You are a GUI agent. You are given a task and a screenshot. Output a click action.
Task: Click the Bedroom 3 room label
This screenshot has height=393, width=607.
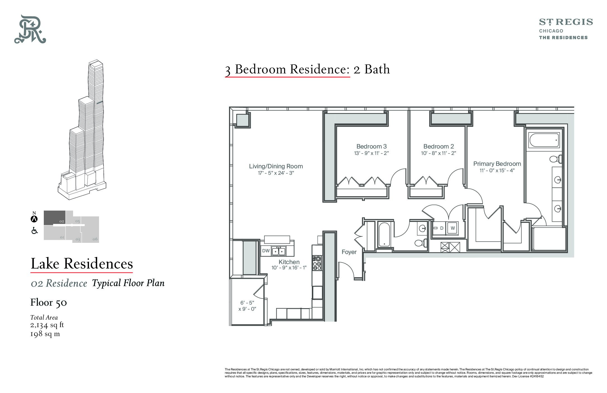pyautogui.click(x=371, y=146)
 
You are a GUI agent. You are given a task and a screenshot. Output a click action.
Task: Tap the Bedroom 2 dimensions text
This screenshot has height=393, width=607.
pyautogui.click(x=439, y=153)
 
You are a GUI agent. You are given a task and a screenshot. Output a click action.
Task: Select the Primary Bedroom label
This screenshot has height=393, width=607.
pyautogui.click(x=497, y=164)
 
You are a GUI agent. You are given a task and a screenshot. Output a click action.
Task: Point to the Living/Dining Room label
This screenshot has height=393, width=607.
pyautogui.click(x=276, y=166)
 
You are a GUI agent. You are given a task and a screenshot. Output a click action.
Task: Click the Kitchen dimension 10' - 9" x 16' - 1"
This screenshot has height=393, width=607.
pyautogui.click(x=289, y=268)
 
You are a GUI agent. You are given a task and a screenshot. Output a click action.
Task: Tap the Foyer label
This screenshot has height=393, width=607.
pyautogui.click(x=349, y=252)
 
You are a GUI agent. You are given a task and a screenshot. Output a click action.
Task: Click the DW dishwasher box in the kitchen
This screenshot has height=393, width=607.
pyautogui.click(x=266, y=251)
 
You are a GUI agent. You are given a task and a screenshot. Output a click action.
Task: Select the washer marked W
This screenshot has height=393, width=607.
pyautogui.click(x=452, y=228)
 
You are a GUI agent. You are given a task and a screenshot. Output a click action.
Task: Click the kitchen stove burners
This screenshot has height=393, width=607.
pyautogui.click(x=317, y=263)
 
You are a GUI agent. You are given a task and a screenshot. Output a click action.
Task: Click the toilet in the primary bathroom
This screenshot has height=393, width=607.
pyautogui.click(x=556, y=159)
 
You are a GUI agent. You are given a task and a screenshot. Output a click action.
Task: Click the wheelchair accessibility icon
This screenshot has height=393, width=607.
pyautogui.click(x=35, y=231)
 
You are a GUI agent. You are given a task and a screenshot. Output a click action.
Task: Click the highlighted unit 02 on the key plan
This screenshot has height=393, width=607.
pyautogui.click(x=55, y=218)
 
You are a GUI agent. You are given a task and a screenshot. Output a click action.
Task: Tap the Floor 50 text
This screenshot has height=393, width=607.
pyautogui.click(x=49, y=303)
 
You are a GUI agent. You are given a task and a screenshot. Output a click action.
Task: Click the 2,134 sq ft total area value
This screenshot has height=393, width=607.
pyautogui.click(x=47, y=325)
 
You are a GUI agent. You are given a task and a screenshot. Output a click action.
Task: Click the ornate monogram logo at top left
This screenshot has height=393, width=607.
pyautogui.click(x=30, y=29)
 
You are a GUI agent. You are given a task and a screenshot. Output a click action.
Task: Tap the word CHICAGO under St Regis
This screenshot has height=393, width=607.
pyautogui.click(x=551, y=31)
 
